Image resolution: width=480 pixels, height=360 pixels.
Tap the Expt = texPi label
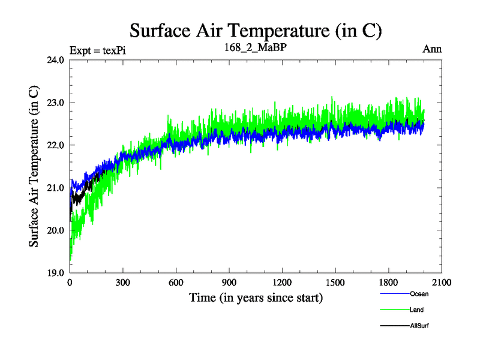click(x=97, y=50)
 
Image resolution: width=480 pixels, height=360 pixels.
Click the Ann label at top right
click(x=432, y=49)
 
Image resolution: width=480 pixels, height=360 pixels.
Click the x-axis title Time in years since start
click(x=256, y=298)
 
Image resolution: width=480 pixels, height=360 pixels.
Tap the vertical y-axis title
click(x=35, y=166)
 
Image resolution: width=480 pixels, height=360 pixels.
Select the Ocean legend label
click(x=419, y=294)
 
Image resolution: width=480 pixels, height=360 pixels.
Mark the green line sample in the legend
click(x=395, y=310)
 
